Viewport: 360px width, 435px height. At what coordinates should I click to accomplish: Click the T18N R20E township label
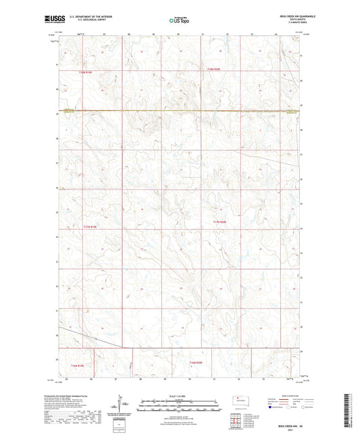pyautogui.click(x=214, y=70)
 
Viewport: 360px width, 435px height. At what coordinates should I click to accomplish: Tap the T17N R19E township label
pyautogui.click(x=91, y=226)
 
